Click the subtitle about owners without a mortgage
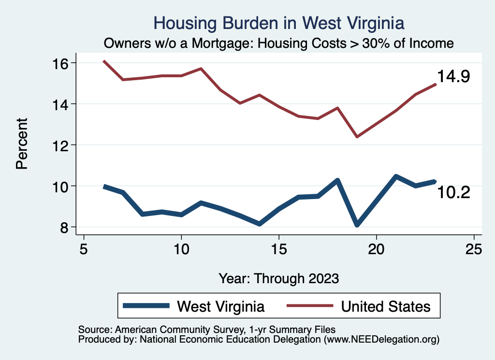[x=279, y=43]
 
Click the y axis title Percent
[x=22, y=145]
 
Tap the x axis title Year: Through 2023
[x=278, y=278]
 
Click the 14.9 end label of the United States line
[x=453, y=76]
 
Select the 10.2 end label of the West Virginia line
[x=453, y=193]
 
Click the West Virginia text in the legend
[x=221, y=306]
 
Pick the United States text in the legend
[x=385, y=306]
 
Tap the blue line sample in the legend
[x=146, y=306]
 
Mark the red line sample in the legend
[x=310, y=306]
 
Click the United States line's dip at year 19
[x=357, y=137]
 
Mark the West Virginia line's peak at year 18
[x=337, y=180]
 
